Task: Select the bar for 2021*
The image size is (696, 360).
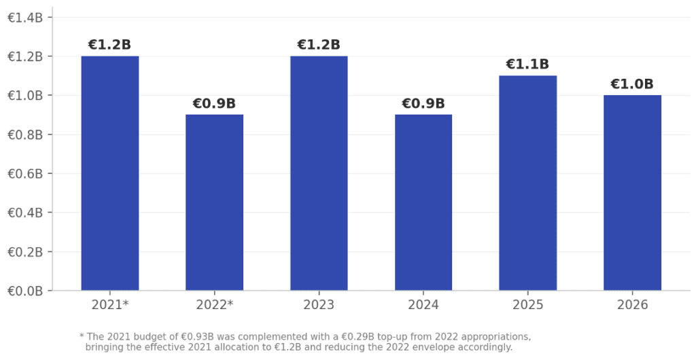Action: [110, 173]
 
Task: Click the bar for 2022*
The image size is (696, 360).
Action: [214, 202]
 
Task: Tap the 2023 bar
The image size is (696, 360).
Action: [319, 173]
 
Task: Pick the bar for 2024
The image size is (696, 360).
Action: [423, 202]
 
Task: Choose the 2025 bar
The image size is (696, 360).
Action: [527, 183]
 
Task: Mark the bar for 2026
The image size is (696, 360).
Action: [632, 193]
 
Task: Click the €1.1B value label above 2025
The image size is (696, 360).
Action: [527, 65]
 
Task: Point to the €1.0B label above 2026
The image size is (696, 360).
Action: [632, 84]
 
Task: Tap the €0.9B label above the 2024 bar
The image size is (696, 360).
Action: [423, 104]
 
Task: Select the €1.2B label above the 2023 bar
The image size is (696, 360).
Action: [319, 45]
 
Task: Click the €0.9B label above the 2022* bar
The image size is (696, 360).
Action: [214, 104]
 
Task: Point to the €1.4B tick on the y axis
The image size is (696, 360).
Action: [25, 18]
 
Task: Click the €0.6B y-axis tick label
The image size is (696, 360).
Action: [25, 174]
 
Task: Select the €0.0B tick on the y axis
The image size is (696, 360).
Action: [25, 291]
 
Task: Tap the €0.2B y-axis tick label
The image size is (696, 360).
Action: [25, 252]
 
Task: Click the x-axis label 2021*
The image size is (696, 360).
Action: [110, 305]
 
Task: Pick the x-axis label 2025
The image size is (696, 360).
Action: [527, 305]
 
